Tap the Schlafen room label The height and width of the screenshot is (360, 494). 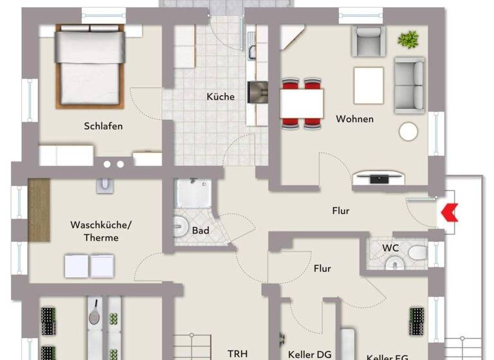point(103,126)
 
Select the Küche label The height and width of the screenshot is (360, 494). point(221,97)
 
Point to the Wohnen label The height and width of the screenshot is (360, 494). point(354,119)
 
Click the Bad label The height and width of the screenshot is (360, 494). point(200,230)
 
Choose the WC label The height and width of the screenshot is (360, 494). point(390,247)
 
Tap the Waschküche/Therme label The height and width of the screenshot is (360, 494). point(95,231)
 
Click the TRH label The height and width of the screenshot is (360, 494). point(237,354)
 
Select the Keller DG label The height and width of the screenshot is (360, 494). point(309,354)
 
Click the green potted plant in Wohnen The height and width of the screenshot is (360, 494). point(408,40)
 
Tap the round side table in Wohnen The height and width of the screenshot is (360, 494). point(408,131)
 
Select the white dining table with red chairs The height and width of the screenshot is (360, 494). point(301,102)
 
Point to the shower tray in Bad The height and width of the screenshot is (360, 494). point(194,194)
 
